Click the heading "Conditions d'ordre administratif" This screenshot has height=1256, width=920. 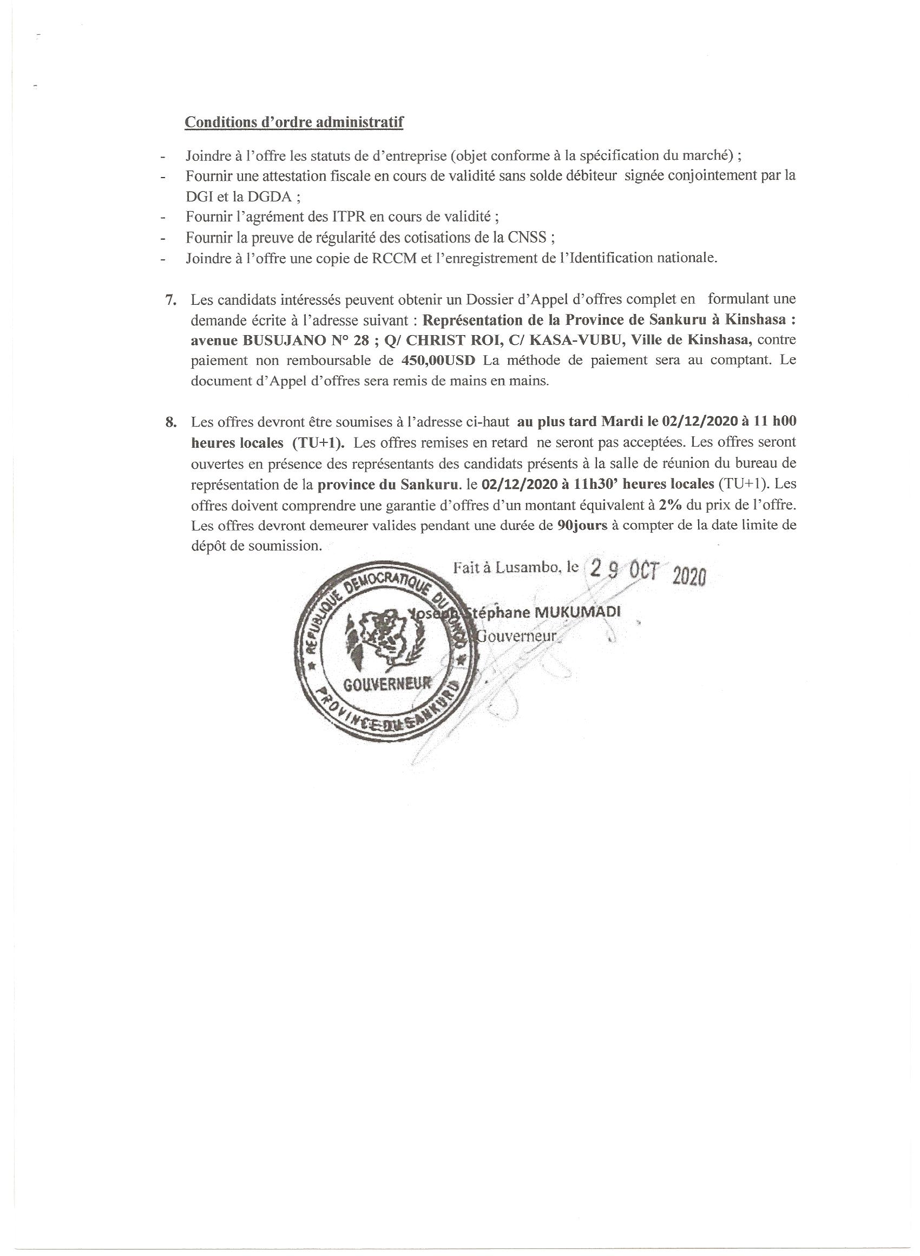click(293, 122)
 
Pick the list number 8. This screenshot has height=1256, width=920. click(171, 422)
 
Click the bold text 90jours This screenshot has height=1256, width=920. click(582, 525)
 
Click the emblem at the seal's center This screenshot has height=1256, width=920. click(384, 638)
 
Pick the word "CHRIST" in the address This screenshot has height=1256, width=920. click(436, 340)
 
